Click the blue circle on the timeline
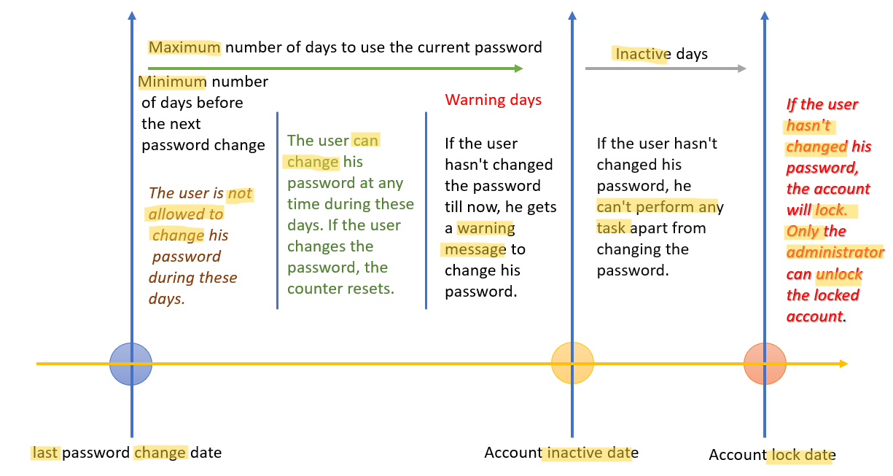pos(130,364)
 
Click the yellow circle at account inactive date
pos(572,363)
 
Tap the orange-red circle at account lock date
pos(765,363)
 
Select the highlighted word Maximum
pos(184,47)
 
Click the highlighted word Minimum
pos(172,82)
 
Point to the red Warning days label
pos(493,100)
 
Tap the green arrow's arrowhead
pos(518,69)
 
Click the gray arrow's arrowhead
pos(742,69)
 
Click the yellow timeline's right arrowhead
pos(843,364)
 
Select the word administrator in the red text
pos(835,252)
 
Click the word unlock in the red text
pos(839,274)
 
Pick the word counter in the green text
pos(312,289)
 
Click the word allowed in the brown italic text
pos(172,214)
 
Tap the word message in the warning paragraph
pos(475,249)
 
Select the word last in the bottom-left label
pos(45,453)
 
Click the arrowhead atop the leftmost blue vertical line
pos(132,15)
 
